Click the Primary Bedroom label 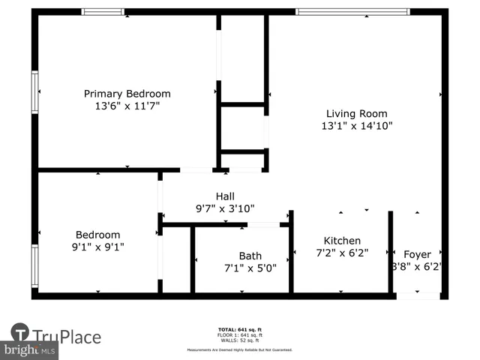(x=127, y=94)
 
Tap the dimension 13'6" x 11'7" (x=127, y=106)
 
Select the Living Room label (x=355, y=113)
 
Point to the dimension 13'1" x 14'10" (x=355, y=126)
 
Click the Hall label (x=226, y=196)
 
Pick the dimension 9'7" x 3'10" (x=226, y=209)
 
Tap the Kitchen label (x=342, y=241)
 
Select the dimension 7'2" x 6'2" (x=342, y=253)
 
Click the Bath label (x=250, y=256)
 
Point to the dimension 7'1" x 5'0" (x=250, y=268)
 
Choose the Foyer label (x=418, y=254)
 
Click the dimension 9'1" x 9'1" (x=97, y=247)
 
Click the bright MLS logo (x=30, y=350)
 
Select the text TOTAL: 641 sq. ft (x=240, y=329)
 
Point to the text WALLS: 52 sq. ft (x=240, y=340)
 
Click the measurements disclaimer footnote (x=240, y=349)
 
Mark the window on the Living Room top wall (x=352, y=12)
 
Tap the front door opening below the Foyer (x=418, y=296)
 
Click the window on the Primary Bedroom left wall (x=34, y=92)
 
